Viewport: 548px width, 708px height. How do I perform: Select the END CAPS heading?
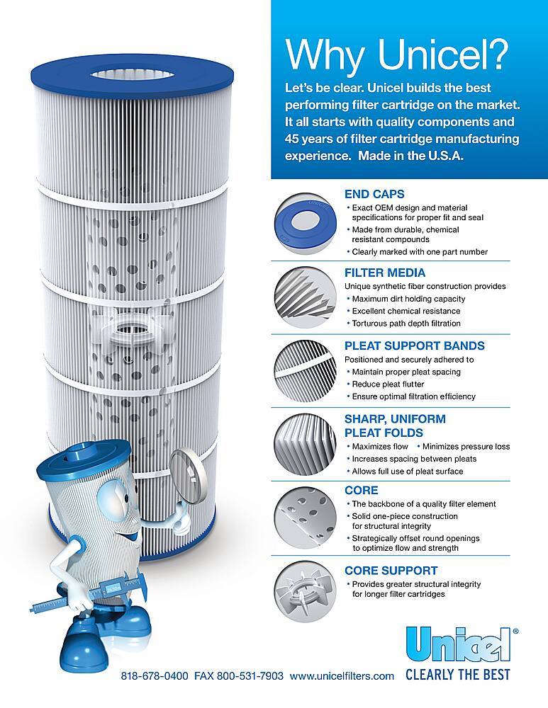point(374,193)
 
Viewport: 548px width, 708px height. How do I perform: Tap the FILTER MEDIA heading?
point(384,273)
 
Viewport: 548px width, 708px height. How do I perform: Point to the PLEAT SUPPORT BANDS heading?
point(414,346)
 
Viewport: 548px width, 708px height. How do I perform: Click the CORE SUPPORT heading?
point(391,570)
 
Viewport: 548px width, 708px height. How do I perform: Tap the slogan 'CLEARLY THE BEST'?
point(457,675)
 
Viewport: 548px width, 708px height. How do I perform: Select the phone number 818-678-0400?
point(155,676)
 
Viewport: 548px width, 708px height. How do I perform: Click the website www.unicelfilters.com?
point(342,676)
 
